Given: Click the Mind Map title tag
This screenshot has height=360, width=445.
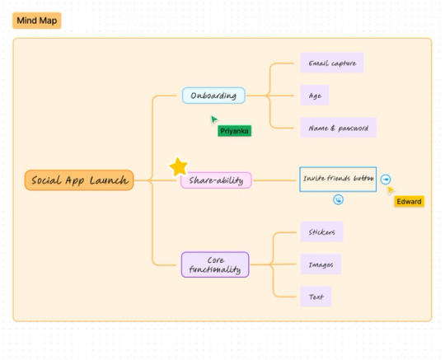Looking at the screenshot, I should point(36,21).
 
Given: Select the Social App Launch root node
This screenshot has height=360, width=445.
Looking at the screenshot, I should point(79,180).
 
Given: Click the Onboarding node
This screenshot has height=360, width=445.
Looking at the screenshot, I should point(213,96).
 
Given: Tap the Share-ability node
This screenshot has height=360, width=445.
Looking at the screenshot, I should point(216,180).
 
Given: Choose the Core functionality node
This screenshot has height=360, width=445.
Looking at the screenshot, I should point(214,264).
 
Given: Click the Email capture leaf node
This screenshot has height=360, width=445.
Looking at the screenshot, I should point(331,63).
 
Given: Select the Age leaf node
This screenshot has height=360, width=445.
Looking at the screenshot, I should point(314,96).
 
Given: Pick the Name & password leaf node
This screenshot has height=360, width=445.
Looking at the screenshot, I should point(338,128).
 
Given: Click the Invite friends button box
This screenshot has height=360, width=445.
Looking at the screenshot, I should point(338,179).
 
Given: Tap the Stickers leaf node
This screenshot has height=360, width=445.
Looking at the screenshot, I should point(321,232).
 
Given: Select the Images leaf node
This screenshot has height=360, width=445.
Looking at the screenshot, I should point(320,264).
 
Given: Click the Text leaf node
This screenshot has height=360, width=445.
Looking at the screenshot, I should point(316,297).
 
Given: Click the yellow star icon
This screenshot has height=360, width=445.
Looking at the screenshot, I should point(178,167).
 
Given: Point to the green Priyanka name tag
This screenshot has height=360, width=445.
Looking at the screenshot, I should point(234,130).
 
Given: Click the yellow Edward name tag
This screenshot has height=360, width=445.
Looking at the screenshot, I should point(409,201).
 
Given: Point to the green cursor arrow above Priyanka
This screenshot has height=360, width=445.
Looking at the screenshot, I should point(213,119).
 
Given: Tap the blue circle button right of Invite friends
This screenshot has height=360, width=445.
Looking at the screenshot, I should point(386,180).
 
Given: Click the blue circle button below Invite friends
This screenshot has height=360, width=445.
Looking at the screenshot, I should point(338,199).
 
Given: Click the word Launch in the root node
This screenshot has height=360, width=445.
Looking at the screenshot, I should point(109,180).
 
